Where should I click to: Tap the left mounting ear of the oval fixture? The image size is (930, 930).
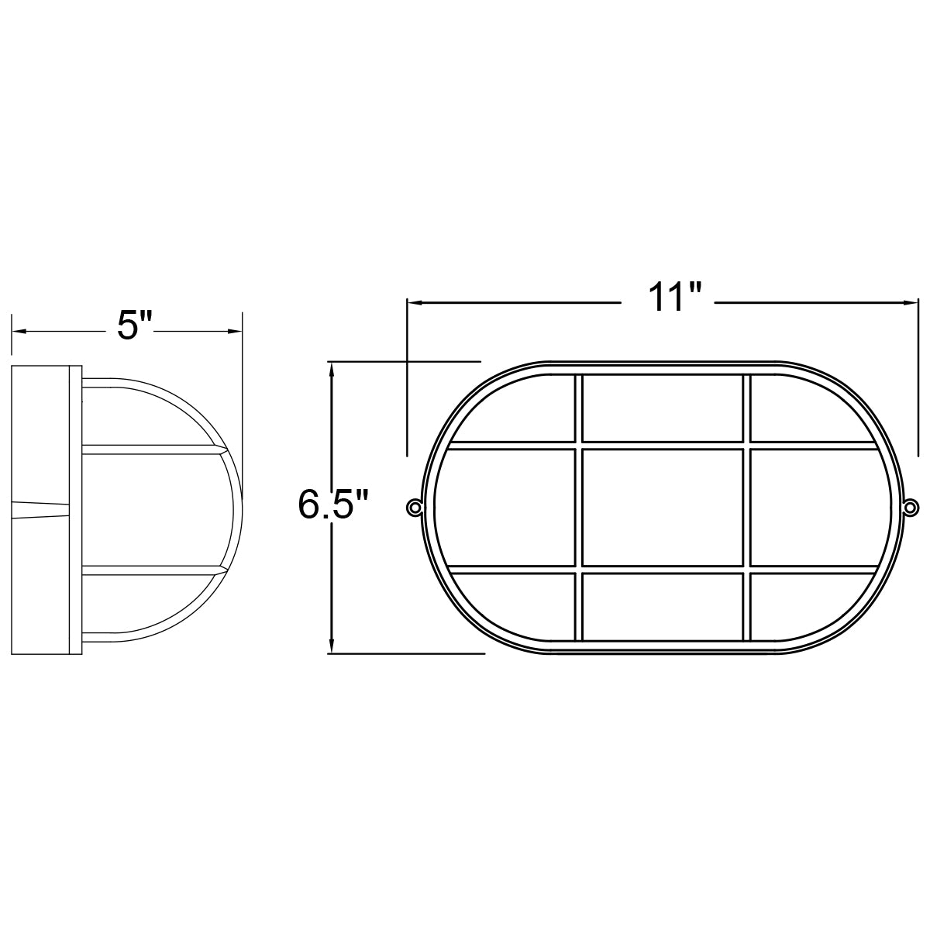tap(415, 508)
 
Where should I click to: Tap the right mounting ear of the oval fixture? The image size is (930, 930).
tap(911, 508)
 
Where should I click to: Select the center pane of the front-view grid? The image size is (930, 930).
tap(662, 507)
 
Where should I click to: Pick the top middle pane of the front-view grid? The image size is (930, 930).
tap(662, 408)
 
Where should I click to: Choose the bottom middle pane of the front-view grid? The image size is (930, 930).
tap(662, 607)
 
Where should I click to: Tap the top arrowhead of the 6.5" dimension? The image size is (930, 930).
tap(332, 370)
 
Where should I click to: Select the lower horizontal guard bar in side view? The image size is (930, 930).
tap(147, 571)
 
